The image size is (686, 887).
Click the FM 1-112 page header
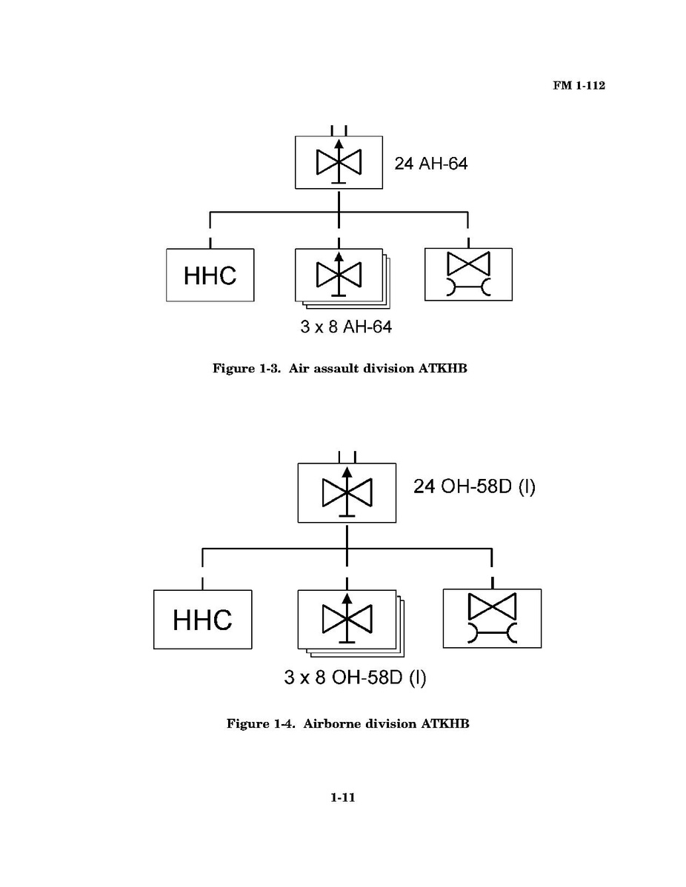tap(579, 87)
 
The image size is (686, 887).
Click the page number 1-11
tap(344, 797)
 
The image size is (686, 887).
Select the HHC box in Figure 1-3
tap(210, 275)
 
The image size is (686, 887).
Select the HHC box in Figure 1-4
tap(202, 619)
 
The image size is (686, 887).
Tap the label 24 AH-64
tap(430, 164)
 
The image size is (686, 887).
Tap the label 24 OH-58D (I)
tap(474, 488)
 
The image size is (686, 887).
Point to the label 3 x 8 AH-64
tap(346, 327)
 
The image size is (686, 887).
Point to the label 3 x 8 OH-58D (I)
tap(355, 677)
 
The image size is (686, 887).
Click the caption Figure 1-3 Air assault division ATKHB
tap(340, 369)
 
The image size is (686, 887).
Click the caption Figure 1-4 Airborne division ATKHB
tap(347, 723)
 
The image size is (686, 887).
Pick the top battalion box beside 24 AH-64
tap(339, 162)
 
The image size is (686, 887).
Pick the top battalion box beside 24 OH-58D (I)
tap(347, 492)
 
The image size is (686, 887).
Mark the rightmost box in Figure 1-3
tap(468, 275)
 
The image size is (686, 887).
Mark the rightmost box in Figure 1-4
tap(492, 619)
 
